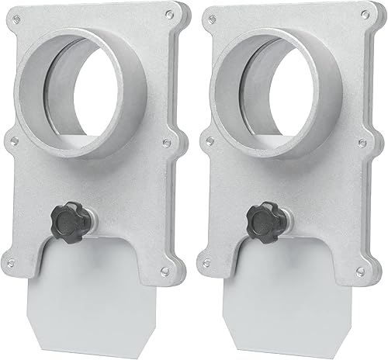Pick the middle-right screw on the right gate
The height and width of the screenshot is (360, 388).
pyautogui.click(x=364, y=142)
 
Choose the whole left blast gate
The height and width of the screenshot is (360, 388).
pyautogui.click(x=93, y=178)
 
